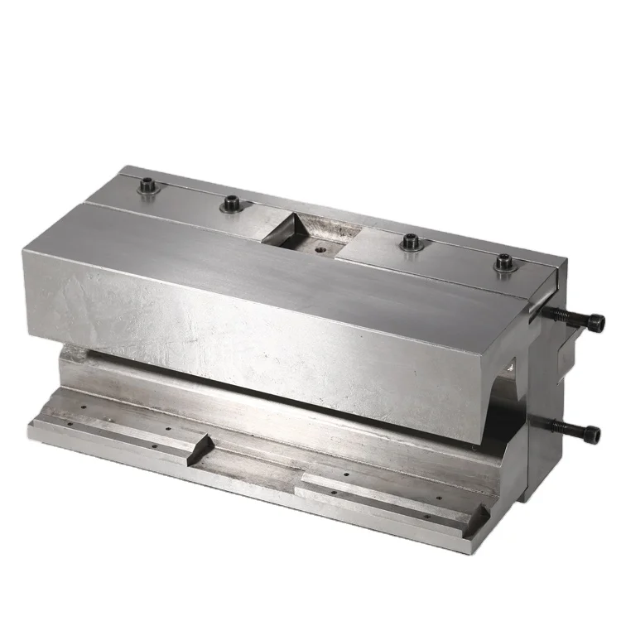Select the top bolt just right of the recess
pos(410,243)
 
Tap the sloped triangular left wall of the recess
pos(282,228)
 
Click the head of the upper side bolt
pos(595,323)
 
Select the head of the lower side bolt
pos(591,431)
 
